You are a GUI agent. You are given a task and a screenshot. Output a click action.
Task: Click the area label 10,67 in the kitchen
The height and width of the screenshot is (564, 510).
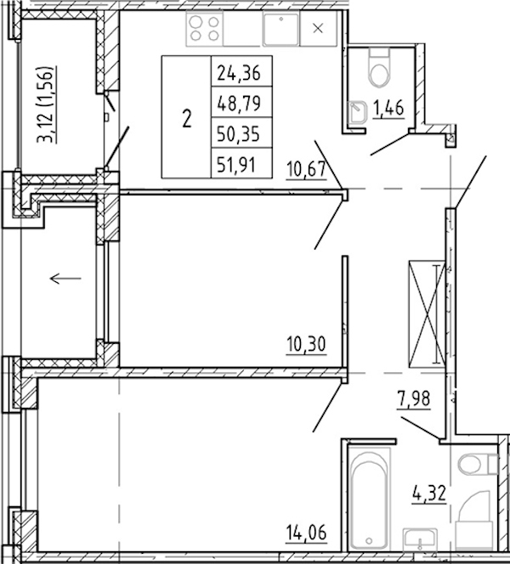(x=306, y=169)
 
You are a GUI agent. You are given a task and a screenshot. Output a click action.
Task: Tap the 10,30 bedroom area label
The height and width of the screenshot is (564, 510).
(x=306, y=344)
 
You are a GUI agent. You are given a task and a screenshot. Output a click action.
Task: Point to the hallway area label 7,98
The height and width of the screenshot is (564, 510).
(x=414, y=399)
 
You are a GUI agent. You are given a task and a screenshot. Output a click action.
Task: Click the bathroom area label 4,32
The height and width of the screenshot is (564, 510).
(x=429, y=493)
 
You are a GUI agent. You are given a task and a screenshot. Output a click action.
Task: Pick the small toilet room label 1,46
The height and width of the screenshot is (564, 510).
(x=388, y=108)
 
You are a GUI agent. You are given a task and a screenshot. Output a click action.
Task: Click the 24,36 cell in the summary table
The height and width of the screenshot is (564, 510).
(x=239, y=73)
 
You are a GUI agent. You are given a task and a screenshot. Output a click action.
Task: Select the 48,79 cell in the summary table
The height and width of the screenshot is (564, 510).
(x=239, y=104)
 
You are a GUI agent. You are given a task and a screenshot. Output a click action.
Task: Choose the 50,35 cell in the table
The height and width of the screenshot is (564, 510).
(x=239, y=134)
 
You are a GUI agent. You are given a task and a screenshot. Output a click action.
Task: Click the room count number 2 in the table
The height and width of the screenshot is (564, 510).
(x=186, y=119)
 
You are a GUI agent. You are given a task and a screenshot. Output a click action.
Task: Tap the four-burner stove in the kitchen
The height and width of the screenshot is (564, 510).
(x=205, y=29)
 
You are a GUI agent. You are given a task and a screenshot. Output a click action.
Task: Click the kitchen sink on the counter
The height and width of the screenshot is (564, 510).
(x=281, y=29)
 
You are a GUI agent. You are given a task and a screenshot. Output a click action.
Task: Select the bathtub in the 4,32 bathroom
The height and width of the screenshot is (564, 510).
(x=369, y=499)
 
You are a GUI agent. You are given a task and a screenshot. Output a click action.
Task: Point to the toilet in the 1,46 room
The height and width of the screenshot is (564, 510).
(x=379, y=68)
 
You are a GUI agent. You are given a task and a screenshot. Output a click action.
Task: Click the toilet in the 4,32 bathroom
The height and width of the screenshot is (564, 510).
(x=478, y=464)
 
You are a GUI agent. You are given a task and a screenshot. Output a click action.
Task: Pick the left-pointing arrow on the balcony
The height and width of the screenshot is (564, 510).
(x=65, y=279)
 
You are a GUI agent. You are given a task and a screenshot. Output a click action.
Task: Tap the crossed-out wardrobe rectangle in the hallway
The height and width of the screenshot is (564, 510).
(x=427, y=314)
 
